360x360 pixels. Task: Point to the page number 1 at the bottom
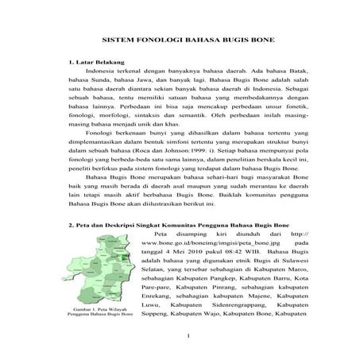coord(184,343)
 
